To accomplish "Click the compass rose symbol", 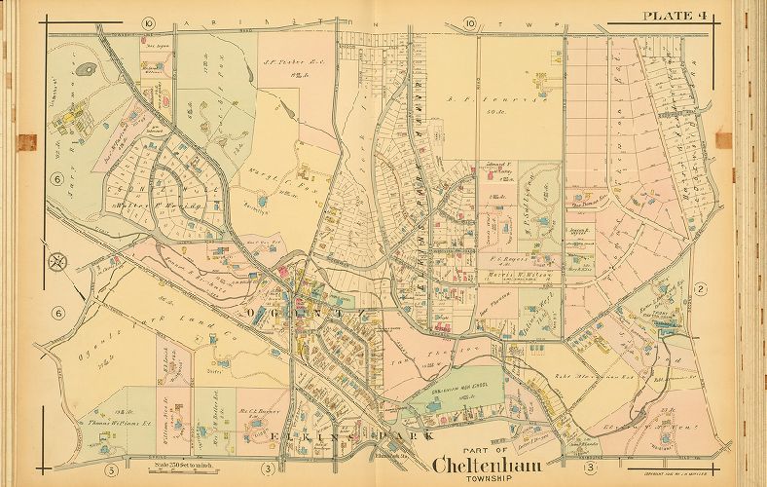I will pos(57,261).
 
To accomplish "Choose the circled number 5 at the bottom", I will pos(112,472).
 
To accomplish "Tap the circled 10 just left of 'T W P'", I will pos(470,22).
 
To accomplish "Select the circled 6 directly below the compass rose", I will pos(58,313).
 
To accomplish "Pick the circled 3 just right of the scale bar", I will pos(265,472).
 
